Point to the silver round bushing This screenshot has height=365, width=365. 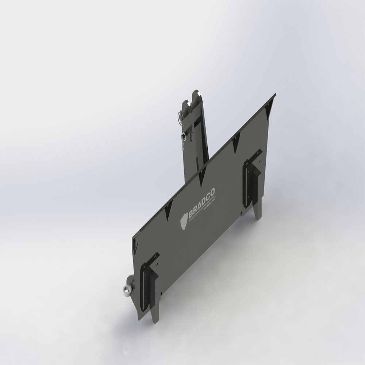tap(126, 290)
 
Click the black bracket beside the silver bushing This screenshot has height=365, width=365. tap(148, 281)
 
